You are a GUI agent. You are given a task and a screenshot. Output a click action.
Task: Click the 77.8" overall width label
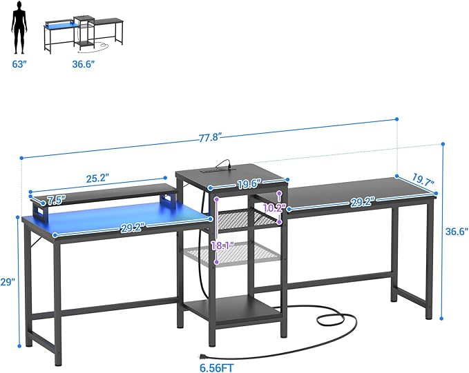(210, 138)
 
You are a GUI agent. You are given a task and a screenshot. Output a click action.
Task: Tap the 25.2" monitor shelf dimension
(97, 179)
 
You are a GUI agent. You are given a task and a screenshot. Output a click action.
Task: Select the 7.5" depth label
(57, 200)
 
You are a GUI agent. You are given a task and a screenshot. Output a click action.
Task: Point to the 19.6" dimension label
(250, 184)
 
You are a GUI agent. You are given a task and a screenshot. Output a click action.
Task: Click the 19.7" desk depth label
(423, 180)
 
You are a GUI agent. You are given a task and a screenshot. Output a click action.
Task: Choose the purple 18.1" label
(223, 246)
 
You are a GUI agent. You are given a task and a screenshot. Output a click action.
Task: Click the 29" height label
(8, 281)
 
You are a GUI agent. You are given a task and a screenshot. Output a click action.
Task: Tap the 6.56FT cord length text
(217, 367)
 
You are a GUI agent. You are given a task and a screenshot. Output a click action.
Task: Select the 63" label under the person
(19, 64)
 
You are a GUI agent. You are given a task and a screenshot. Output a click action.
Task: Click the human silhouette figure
(19, 27)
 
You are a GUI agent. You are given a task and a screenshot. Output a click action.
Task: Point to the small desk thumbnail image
(84, 35)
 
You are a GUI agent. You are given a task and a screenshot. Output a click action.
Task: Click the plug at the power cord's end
(203, 356)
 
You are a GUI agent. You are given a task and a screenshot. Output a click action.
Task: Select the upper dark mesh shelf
(247, 219)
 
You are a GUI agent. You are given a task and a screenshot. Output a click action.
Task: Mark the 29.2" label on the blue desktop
(133, 228)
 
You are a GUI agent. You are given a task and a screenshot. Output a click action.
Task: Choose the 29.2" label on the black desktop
(363, 202)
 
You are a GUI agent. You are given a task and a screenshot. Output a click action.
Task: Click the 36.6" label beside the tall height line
(457, 232)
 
